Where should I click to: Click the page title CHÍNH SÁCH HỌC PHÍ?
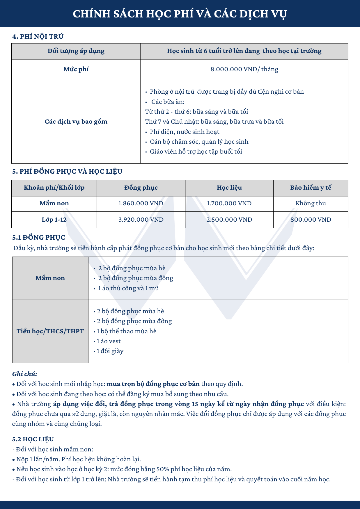point(180,14)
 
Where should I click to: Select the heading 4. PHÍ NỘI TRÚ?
point(38,36)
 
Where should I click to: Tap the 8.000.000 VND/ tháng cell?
point(244,69)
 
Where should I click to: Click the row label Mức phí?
point(76,69)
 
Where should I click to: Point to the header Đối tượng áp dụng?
point(76,51)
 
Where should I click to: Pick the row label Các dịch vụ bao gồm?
point(76,121)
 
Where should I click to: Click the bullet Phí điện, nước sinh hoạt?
point(185,131)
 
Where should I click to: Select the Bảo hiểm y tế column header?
point(311,188)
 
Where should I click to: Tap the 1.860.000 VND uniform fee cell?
point(141,203)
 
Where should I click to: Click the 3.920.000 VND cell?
point(141,220)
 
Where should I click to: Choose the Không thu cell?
point(311,203)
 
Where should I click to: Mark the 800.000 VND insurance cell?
point(311,220)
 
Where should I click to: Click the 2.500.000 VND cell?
point(229,220)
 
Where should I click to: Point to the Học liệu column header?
point(229,188)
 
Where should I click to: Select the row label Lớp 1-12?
point(54,220)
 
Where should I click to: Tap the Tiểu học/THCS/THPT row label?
point(50,331)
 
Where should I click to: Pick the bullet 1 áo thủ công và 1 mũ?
point(128,288)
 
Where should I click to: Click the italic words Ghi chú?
point(25,374)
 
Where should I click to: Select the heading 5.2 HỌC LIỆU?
point(33,439)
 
